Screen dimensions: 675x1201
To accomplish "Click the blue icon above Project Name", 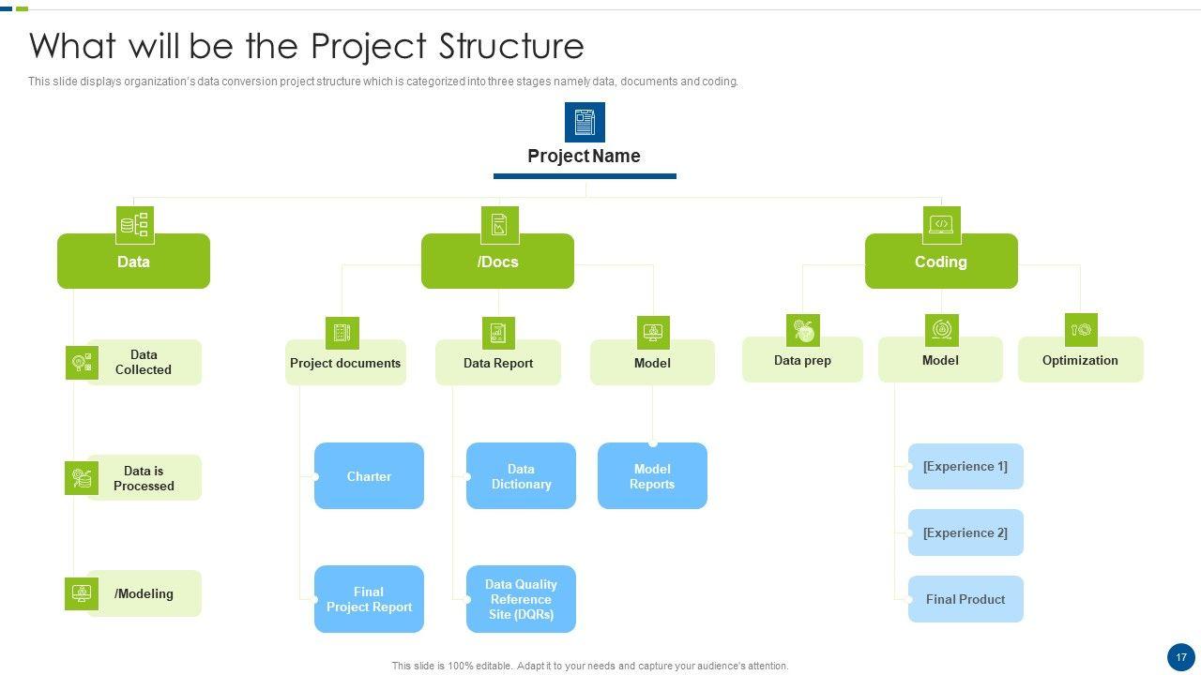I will pyautogui.click(x=585, y=122).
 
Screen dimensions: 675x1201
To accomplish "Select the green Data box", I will pyautogui.click(x=133, y=262).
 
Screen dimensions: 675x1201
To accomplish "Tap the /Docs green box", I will pyautogui.click(x=497, y=262).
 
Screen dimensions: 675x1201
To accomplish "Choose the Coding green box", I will pyautogui.click(x=941, y=262).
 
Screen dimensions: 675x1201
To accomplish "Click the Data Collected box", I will pyautogui.click(x=144, y=362).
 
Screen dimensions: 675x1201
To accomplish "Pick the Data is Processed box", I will pyautogui.click(x=144, y=478).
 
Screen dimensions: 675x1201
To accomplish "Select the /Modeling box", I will pyautogui.click(x=144, y=593).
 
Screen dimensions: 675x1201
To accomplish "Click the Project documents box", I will pyautogui.click(x=345, y=363).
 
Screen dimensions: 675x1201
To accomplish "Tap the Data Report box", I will pyautogui.click(x=498, y=363).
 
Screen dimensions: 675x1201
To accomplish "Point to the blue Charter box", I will pyautogui.click(x=369, y=476).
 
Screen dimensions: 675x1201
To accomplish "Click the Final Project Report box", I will pyautogui.click(x=369, y=599).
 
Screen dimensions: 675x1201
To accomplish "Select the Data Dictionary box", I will pyautogui.click(x=521, y=476).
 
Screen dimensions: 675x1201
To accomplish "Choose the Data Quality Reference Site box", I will pyautogui.click(x=521, y=599).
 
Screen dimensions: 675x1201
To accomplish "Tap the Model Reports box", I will pyautogui.click(x=652, y=476).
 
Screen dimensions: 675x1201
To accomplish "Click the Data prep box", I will pyautogui.click(x=802, y=360).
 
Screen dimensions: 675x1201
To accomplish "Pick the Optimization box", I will pyautogui.click(x=1080, y=360).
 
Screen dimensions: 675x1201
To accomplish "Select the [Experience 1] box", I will pyautogui.click(x=965, y=467).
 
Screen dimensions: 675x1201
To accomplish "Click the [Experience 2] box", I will pyautogui.click(x=965, y=532).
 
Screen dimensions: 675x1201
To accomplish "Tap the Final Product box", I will pyautogui.click(x=965, y=599).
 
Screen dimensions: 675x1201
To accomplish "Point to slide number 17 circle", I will pyautogui.click(x=1181, y=657).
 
